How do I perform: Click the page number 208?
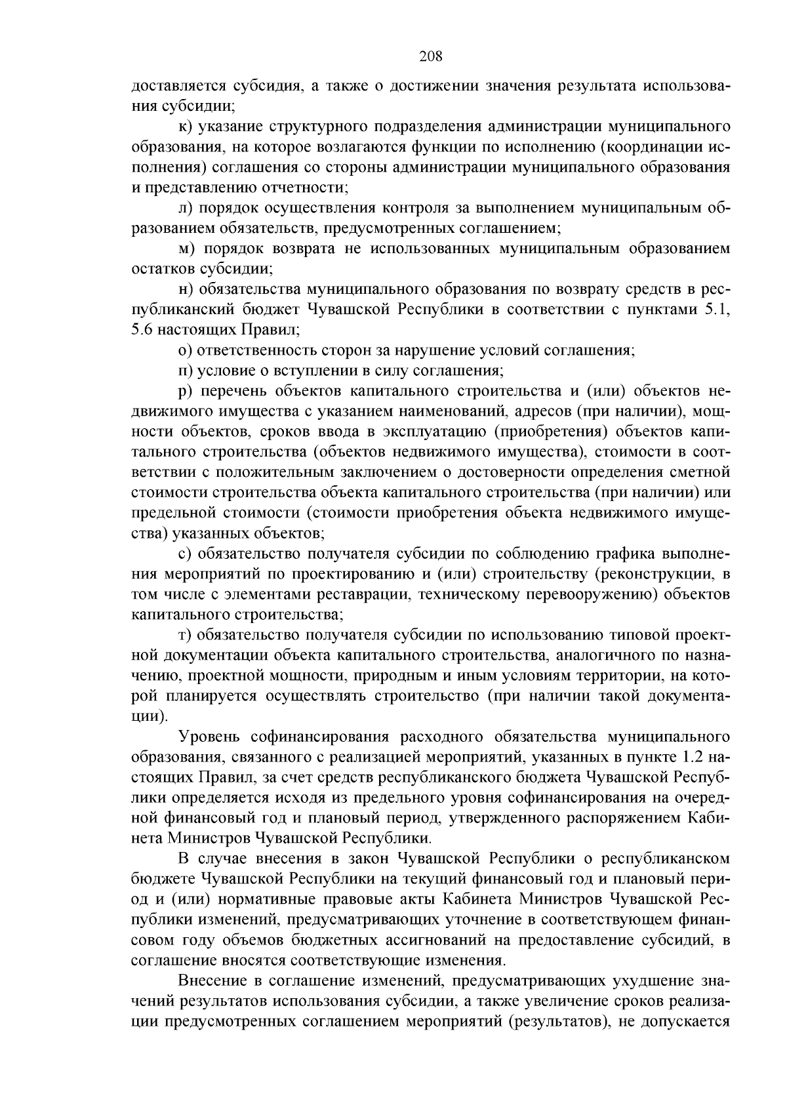pyautogui.click(x=431, y=56)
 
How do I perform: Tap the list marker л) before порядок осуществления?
pyautogui.click(x=185, y=208)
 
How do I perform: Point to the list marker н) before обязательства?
pyautogui.click(x=184, y=289)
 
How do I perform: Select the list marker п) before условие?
pyautogui.click(x=185, y=371)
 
